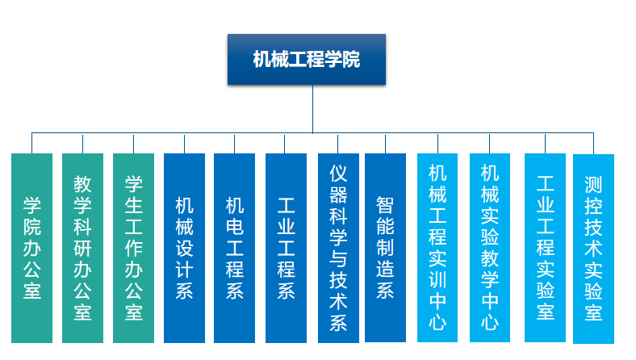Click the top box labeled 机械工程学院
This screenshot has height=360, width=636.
tap(307, 59)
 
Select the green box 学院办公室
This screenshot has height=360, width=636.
tap(32, 248)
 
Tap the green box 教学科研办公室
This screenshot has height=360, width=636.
tap(83, 248)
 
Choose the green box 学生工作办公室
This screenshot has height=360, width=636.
tap(133, 248)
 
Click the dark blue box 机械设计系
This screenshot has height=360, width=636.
tap(184, 248)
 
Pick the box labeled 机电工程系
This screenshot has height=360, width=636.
tap(234, 248)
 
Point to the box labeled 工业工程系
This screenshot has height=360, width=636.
tap(286, 248)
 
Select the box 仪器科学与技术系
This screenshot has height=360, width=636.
tap(338, 248)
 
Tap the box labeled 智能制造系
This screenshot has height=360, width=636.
tap(385, 248)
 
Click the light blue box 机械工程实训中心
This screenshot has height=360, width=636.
tap(437, 248)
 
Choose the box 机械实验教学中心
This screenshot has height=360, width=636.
tap(490, 248)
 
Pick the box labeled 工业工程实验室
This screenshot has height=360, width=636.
tap(545, 248)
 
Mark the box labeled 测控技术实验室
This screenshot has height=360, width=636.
tap(593, 249)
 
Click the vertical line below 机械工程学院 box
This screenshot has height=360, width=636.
tap(312, 109)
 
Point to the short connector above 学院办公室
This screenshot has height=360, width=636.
tap(32, 143)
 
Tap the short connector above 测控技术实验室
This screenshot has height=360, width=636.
tap(593, 143)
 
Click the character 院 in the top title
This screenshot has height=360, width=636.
tap(351, 59)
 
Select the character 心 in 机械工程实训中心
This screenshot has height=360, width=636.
tap(437, 323)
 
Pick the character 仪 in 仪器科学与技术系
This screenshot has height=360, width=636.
tap(338, 174)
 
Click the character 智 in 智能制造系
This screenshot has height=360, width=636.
tap(385, 205)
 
